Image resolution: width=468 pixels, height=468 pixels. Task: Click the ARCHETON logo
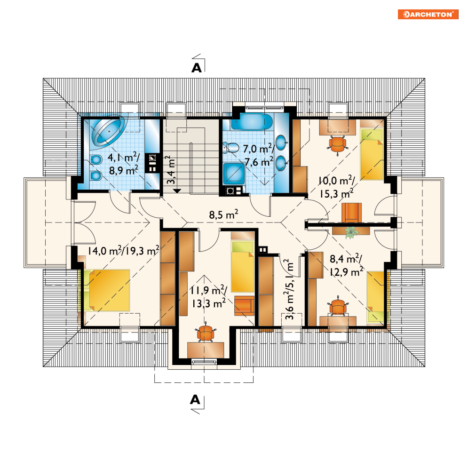click(428, 14)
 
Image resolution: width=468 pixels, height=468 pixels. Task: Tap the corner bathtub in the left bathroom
click(108, 131)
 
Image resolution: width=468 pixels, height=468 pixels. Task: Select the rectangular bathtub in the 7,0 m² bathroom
click(252, 121)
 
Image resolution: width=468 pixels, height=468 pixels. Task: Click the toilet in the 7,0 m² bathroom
click(231, 147)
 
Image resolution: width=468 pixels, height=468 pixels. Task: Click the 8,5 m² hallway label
click(223, 214)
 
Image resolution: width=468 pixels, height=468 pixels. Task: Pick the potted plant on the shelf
click(352, 232)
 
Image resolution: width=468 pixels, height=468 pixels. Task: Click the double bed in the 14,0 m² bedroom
click(107, 290)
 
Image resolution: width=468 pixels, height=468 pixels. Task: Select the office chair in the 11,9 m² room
click(206, 333)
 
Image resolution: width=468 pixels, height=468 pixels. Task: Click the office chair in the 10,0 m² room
click(338, 144)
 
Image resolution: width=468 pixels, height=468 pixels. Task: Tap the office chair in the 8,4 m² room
click(338, 307)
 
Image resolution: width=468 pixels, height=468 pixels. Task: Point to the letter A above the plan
click(197, 68)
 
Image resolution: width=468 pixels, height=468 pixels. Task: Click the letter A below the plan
click(195, 399)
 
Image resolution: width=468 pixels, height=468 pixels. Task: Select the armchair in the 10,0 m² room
click(352, 213)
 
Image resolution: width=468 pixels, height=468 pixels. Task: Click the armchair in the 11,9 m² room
click(244, 306)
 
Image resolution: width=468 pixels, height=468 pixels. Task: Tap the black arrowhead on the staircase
click(177, 190)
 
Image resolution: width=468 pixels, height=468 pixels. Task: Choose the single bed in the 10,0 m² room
click(372, 154)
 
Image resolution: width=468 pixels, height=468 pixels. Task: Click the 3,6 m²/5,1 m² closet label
click(289, 289)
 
